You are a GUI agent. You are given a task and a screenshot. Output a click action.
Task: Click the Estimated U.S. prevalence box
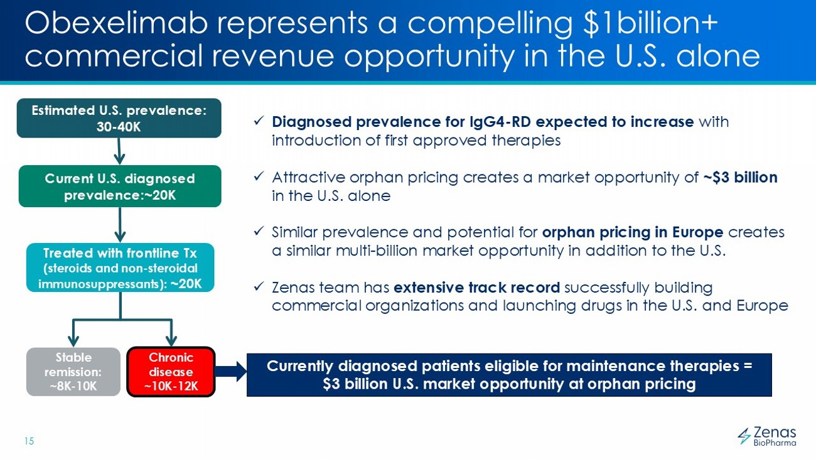119,118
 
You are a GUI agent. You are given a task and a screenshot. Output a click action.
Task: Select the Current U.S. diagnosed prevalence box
120,186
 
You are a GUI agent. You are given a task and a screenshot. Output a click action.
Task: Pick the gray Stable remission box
73,372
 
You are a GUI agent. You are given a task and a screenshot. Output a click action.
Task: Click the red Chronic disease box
171,372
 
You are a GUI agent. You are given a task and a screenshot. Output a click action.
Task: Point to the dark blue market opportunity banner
508,375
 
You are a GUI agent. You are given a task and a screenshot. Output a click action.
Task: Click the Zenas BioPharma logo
766,435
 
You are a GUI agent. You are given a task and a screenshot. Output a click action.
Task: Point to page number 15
28,441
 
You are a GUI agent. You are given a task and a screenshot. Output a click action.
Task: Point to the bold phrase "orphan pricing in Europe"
633,232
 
